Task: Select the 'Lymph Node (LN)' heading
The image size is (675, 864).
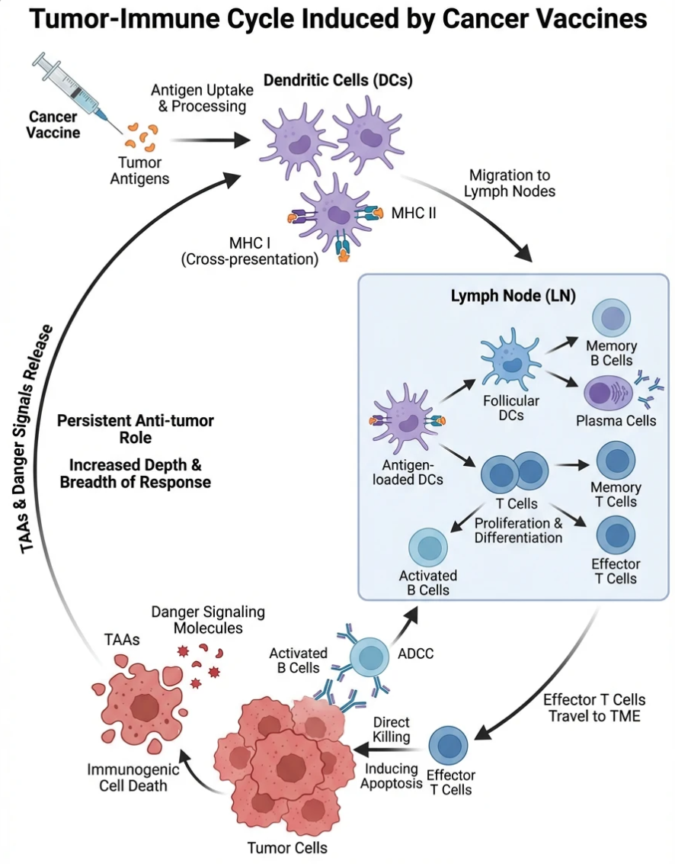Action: point(512,294)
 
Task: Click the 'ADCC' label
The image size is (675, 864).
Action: point(414,653)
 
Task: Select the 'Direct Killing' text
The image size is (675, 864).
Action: point(392,730)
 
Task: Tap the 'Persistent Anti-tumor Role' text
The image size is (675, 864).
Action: point(136,429)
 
